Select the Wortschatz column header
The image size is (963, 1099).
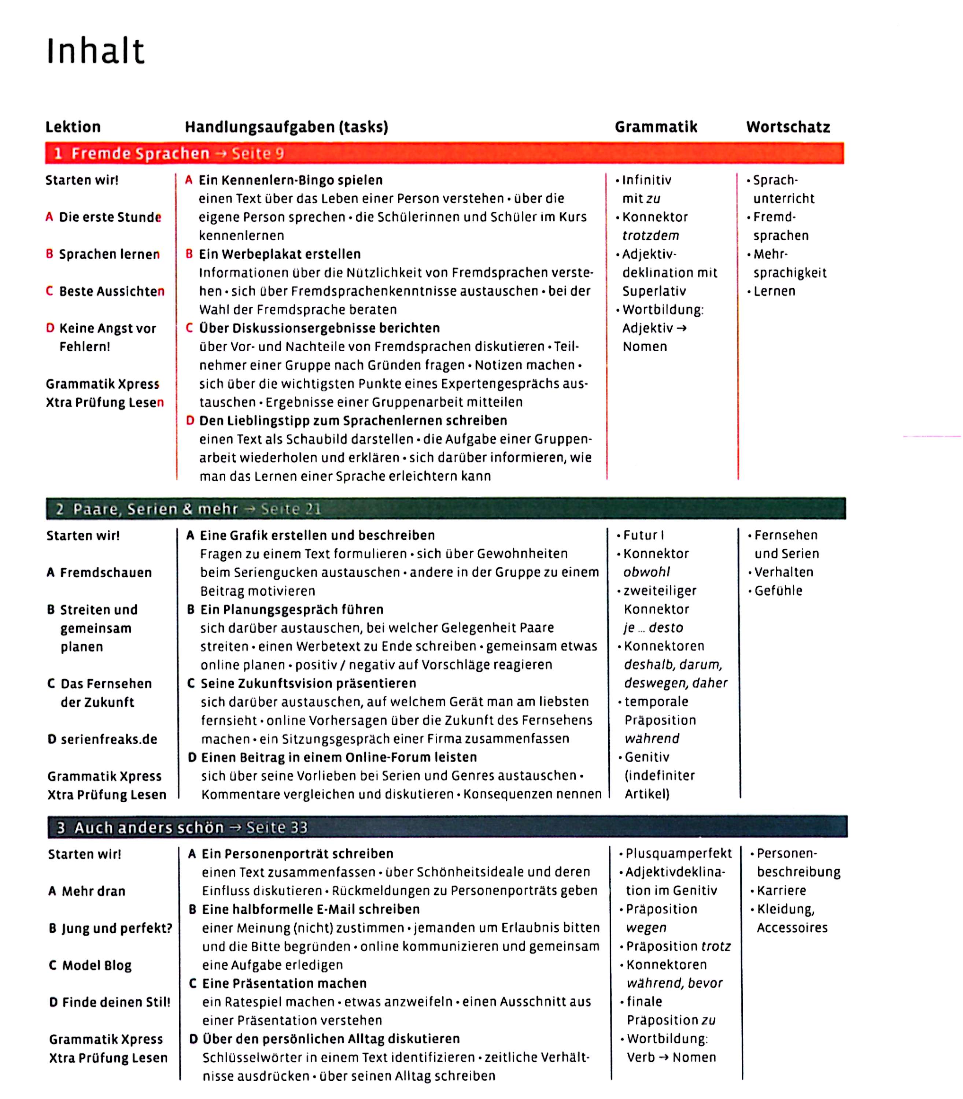pyautogui.click(x=788, y=127)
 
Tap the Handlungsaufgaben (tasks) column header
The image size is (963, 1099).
pyautogui.click(x=287, y=127)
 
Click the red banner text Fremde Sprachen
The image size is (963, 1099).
pyautogui.click(x=140, y=153)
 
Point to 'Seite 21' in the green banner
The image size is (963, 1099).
pyautogui.click(x=291, y=509)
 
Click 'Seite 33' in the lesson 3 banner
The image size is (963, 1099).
pyautogui.click(x=277, y=827)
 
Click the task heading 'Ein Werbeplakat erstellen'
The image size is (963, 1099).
pyautogui.click(x=280, y=254)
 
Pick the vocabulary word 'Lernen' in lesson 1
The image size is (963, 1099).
pyautogui.click(x=774, y=291)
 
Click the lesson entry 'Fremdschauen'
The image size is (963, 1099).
pyautogui.click(x=106, y=573)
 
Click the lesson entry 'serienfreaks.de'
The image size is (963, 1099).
pyautogui.click(x=108, y=739)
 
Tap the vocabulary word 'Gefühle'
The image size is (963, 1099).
pyautogui.click(x=778, y=591)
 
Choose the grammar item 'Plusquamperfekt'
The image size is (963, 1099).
pyautogui.click(x=678, y=854)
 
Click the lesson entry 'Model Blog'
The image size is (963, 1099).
pyautogui.click(x=97, y=965)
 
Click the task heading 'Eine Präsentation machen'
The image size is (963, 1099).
pyautogui.click(x=284, y=984)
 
